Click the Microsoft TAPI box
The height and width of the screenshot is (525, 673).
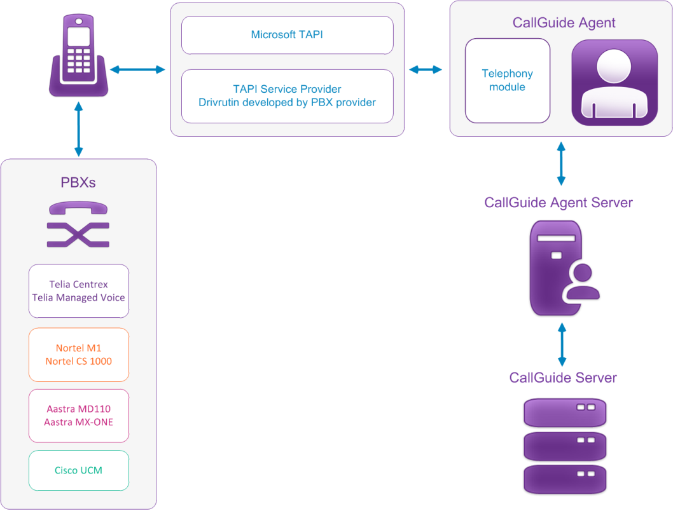click(x=287, y=35)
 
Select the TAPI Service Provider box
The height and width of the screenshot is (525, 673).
click(x=287, y=95)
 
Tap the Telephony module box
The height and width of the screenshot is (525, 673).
click(x=507, y=81)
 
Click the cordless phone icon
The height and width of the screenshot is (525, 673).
click(x=79, y=57)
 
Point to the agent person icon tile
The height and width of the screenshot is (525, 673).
click(x=614, y=82)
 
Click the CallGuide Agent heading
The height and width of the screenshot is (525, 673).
click(x=564, y=23)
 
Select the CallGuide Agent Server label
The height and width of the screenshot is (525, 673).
click(x=558, y=203)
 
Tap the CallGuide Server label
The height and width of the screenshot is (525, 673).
click(x=562, y=378)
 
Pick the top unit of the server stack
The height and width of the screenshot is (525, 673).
click(x=564, y=413)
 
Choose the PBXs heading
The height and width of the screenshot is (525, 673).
click(x=78, y=183)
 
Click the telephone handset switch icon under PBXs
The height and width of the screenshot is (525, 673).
click(x=78, y=224)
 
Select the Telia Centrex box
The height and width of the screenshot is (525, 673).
click(x=78, y=291)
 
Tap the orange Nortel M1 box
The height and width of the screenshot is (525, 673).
click(x=78, y=355)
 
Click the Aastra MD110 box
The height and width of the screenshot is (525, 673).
click(x=78, y=416)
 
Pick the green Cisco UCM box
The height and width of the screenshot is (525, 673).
click(x=78, y=470)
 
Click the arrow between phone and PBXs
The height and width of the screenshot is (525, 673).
click(x=78, y=132)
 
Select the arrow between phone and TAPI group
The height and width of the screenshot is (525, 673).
click(x=137, y=69)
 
